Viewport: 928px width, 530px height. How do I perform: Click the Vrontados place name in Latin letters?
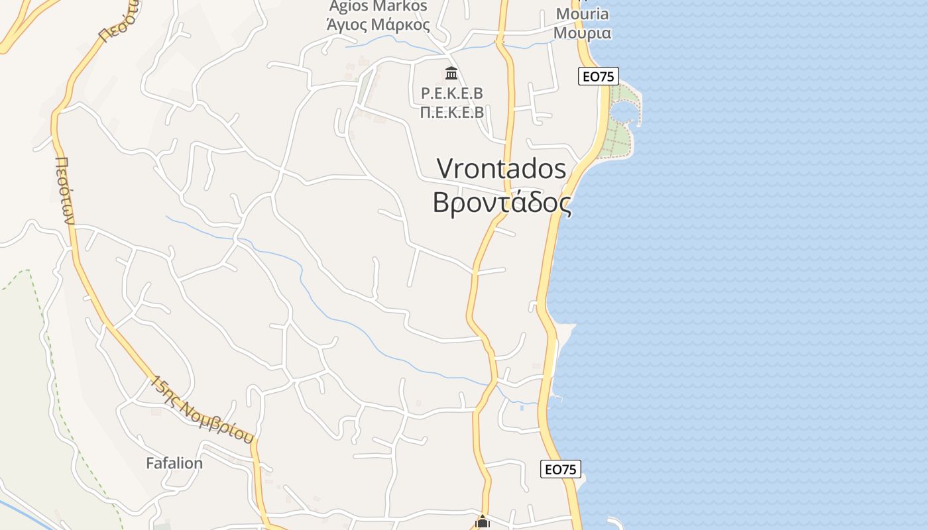[502, 169]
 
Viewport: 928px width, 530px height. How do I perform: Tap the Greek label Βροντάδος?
[502, 203]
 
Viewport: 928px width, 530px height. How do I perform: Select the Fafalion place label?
[174, 463]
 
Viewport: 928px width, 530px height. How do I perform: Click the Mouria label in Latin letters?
[582, 14]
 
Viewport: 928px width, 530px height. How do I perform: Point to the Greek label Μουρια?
[582, 32]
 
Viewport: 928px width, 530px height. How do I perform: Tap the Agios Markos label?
[378, 7]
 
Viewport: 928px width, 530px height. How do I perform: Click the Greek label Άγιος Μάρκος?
[378, 26]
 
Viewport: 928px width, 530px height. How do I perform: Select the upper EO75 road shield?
[598, 76]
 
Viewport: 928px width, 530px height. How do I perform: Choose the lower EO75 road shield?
[561, 469]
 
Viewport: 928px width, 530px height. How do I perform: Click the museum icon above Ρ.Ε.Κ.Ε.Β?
[451, 72]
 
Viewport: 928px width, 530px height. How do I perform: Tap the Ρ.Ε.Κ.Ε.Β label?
[451, 93]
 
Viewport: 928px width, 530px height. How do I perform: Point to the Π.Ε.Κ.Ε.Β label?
[451, 112]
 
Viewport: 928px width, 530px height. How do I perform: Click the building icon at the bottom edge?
[483, 523]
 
